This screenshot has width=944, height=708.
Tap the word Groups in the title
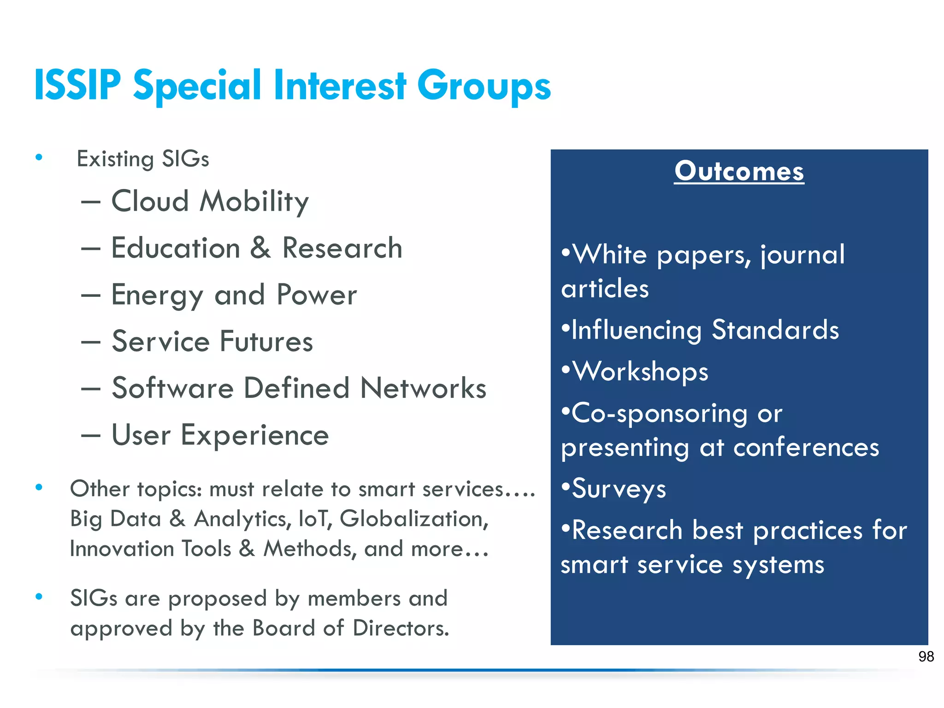[x=484, y=87]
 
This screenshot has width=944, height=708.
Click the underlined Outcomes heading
[x=739, y=171]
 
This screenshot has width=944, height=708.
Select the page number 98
[x=926, y=656]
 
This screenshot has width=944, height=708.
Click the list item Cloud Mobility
[x=210, y=201]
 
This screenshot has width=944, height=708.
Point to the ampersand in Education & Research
[x=260, y=248]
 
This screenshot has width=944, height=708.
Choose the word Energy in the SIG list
[x=157, y=295]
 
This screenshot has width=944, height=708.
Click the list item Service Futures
[x=212, y=342]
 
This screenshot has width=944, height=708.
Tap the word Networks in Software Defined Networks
[x=423, y=388]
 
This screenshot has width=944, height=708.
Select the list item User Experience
[x=220, y=435]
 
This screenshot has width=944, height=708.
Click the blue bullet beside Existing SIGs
[x=39, y=158]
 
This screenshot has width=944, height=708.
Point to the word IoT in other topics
[x=315, y=519]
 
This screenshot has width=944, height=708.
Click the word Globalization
[x=413, y=519]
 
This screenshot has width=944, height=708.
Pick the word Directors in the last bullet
[x=401, y=628]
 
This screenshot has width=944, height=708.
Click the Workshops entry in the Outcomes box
[x=640, y=372]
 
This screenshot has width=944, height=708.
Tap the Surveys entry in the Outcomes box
[x=619, y=489]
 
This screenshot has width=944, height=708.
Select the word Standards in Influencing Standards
[x=775, y=330]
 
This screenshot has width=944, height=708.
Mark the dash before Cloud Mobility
[x=91, y=202]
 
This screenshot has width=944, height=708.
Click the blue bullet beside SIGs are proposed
[x=39, y=597]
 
